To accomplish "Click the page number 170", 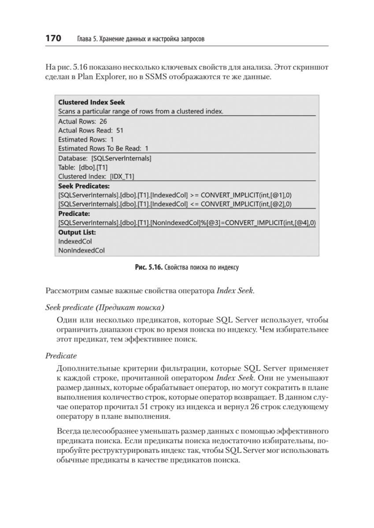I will click(53, 39).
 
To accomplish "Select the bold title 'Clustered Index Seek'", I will click(92, 103).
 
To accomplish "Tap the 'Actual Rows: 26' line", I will click(82, 121).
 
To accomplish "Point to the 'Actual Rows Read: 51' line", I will click(91, 130).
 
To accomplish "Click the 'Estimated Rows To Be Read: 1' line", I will click(104, 149).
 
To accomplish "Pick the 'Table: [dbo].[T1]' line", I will click(83, 167).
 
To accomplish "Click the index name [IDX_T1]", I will click(122, 176).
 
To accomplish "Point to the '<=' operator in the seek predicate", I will click(195, 204).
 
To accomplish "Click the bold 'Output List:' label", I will click(77, 232).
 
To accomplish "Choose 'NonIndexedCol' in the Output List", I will click(81, 251).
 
